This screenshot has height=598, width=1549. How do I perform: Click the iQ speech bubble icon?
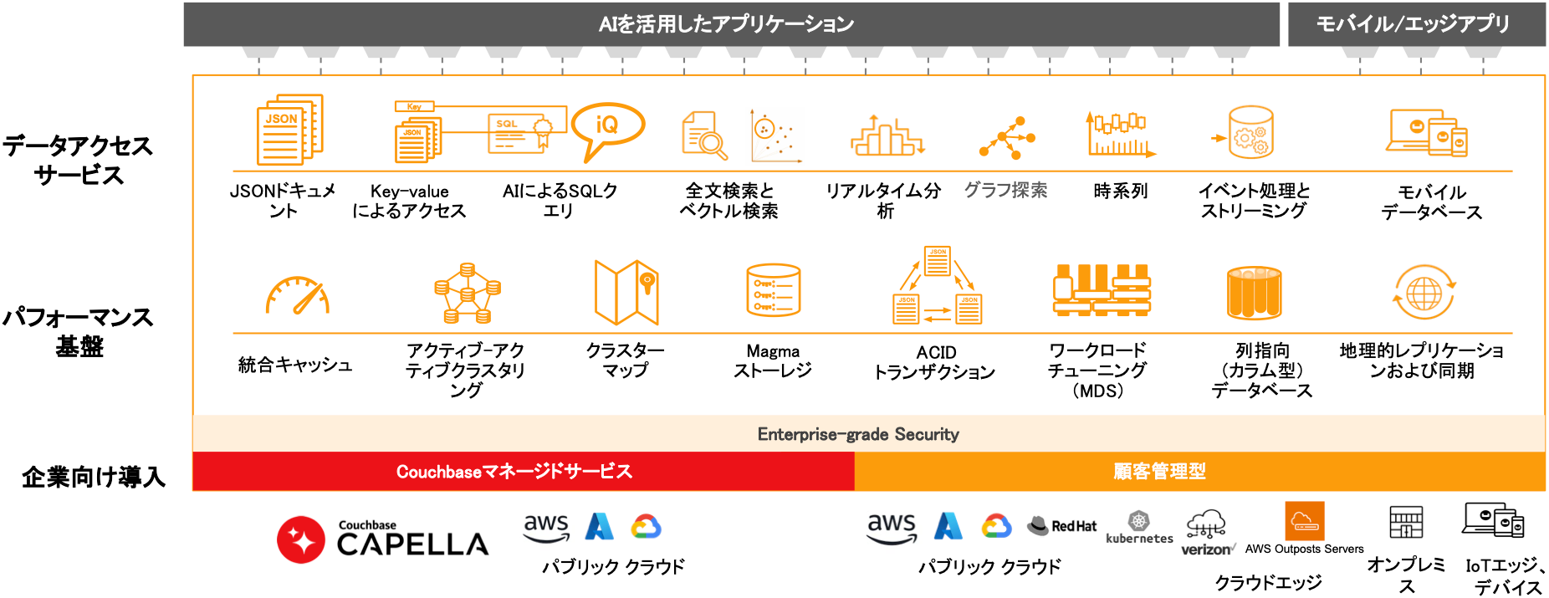(608, 128)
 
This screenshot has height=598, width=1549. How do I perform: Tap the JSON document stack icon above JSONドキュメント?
(289, 130)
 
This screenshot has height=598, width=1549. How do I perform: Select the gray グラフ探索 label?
(1005, 191)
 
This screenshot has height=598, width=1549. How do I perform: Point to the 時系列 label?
(1121, 192)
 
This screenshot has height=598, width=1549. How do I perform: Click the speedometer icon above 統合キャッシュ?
(297, 296)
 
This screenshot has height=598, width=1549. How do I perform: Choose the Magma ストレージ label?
(773, 360)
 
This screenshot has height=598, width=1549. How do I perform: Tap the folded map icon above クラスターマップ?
(626, 292)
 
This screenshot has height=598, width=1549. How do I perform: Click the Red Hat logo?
(1062, 525)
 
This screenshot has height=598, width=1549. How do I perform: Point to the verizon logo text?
(1206, 549)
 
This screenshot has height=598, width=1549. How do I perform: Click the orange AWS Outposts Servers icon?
(1304, 522)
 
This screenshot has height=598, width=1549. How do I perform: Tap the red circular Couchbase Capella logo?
(301, 539)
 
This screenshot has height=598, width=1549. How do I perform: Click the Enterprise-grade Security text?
(858, 434)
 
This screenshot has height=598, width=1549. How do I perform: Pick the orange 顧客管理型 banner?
(1159, 472)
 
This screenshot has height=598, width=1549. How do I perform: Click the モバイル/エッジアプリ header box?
(1415, 24)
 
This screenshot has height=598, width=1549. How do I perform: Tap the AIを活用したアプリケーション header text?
(726, 24)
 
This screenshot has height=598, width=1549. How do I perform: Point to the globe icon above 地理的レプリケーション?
(1424, 293)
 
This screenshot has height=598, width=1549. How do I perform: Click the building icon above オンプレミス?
(1406, 522)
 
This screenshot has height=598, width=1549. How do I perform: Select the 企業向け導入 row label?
(94, 477)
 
